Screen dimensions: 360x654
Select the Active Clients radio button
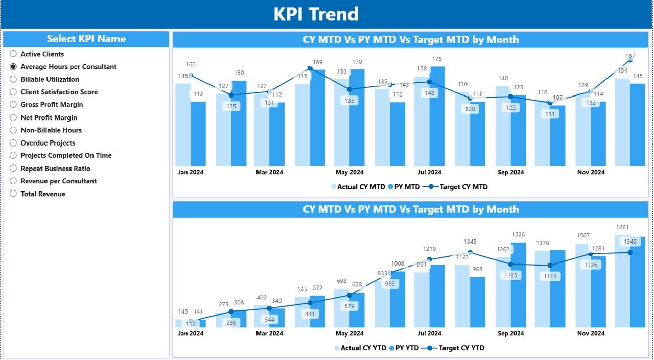tap(13, 54)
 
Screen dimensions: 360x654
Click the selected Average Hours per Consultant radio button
tap(13, 67)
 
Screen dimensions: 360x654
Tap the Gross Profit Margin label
tap(52, 105)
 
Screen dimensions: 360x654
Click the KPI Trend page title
tap(316, 14)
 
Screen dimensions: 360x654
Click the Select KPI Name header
tap(86, 39)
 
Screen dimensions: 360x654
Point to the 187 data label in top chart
tap(630, 56)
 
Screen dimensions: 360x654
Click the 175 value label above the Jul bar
tap(437, 59)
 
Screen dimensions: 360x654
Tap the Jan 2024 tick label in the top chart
tap(191, 172)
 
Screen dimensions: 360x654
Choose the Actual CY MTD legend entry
tap(361, 187)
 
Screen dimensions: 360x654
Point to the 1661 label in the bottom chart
tap(622, 227)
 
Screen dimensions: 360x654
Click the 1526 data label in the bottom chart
tap(518, 235)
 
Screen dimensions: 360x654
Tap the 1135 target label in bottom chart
tap(510, 276)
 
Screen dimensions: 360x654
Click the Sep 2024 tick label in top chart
tap(510, 172)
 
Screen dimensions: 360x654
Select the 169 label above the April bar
tap(317, 62)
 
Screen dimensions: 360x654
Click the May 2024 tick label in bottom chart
tap(349, 333)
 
